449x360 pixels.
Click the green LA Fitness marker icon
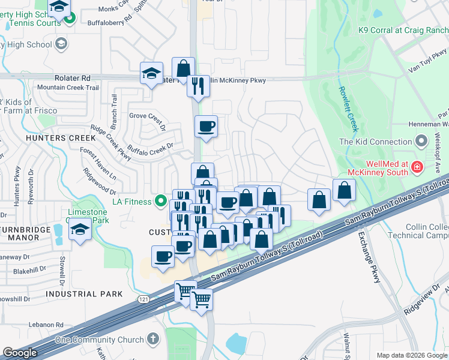(160, 202)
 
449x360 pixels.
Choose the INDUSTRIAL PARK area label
(84, 294)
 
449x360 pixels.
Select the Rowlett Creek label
(348, 108)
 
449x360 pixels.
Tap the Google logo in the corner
(20, 353)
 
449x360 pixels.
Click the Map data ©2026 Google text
(412, 355)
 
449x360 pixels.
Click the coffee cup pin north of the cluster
(206, 127)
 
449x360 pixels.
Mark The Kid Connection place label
(375, 142)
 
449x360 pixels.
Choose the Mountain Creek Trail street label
(67, 88)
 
